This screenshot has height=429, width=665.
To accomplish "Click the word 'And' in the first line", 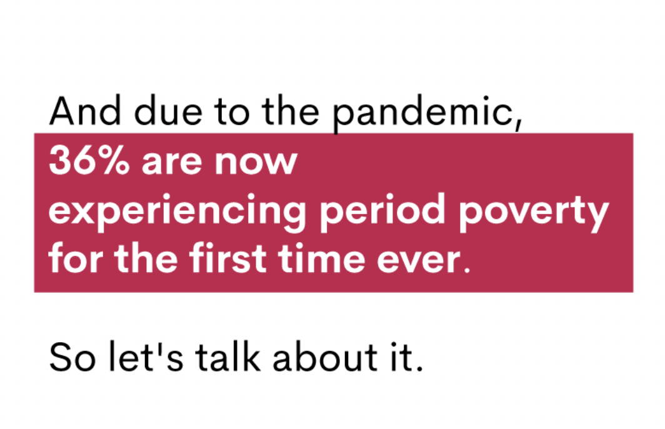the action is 85,111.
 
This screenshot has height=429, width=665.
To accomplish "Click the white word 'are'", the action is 172,164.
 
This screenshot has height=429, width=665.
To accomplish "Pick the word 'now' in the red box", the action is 256,164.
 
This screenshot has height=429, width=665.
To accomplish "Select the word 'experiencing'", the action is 177,213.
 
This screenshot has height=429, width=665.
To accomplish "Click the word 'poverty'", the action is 534,213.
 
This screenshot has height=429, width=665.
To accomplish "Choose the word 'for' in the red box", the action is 75,258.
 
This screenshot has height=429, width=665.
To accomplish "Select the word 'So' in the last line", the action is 72,357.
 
